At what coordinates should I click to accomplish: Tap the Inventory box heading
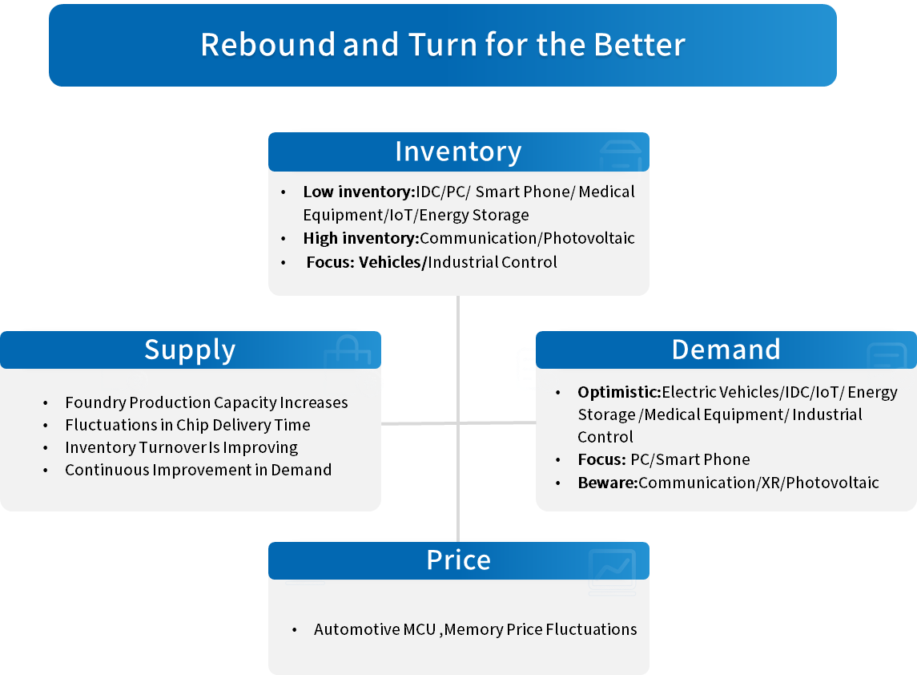458,152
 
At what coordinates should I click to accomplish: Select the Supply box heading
190,350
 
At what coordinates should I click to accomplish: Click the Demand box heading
726,350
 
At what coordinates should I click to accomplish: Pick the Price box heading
458,560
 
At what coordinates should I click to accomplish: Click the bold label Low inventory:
359,192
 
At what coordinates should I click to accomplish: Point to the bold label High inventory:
361,238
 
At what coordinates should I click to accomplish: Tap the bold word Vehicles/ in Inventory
393,262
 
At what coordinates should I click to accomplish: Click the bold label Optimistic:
619,392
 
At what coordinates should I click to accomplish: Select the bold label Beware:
608,483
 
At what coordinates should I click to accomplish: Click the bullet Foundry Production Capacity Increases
207,402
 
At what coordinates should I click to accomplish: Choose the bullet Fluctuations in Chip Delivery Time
187,425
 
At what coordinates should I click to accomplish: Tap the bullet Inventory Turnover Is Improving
181,448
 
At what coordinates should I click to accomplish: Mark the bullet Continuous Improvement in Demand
199,470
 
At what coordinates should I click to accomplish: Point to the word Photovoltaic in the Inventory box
589,238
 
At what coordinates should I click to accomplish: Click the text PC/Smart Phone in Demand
690,459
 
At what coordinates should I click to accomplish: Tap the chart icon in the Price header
612,572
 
